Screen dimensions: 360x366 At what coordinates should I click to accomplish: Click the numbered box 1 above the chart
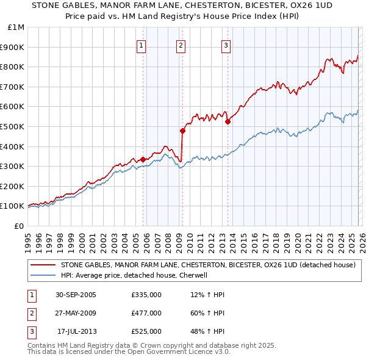tap(142, 45)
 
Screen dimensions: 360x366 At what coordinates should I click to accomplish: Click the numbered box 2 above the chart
tap(181, 45)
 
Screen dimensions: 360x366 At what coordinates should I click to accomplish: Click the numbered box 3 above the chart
tap(226, 45)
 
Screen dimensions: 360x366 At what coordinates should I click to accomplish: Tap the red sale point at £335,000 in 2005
tap(143, 159)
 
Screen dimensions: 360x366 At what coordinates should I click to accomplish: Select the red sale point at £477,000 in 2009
tap(182, 131)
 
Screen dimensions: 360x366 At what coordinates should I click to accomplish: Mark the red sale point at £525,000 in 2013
tap(228, 121)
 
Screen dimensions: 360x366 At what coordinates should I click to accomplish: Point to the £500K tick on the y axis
tap(12, 126)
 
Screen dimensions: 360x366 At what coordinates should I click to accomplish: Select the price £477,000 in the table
tap(146, 313)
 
